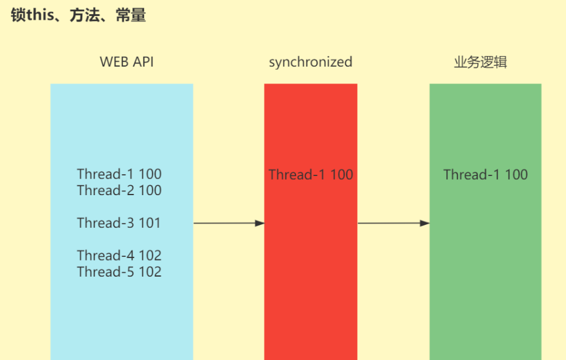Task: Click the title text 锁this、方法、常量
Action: point(78,15)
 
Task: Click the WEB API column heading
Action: point(127,62)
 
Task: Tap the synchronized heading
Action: point(310,62)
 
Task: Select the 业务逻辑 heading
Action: point(481,62)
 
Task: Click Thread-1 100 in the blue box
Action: point(119,174)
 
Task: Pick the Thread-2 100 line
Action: point(119,190)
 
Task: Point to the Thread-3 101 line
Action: point(119,223)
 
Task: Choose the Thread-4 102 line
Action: point(119,256)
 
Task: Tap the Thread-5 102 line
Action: point(119,272)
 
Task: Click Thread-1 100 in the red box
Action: point(311,175)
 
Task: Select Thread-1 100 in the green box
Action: point(486,175)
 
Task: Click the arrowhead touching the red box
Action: point(260,223)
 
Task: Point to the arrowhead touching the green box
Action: point(425,223)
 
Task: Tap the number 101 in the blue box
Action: point(150,223)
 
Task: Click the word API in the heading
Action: point(143,62)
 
